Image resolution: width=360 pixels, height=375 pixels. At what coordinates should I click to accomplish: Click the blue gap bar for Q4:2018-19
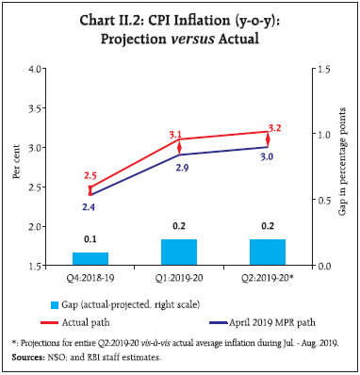click(90, 259)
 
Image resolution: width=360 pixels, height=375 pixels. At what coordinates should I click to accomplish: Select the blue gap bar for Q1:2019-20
click(179, 253)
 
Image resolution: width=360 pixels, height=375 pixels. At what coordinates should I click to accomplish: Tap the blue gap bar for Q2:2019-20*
click(268, 253)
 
